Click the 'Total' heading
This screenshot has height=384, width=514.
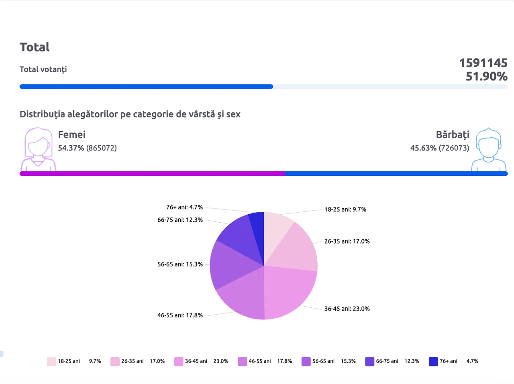pos(35,47)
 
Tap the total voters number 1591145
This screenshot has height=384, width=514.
pos(483,63)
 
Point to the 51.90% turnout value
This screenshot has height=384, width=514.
pos(486,76)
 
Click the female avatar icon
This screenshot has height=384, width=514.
pos(39,149)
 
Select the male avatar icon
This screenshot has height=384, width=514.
pos(489,149)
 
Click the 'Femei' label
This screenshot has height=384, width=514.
pos(71,134)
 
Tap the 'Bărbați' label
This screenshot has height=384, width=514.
pos(453,135)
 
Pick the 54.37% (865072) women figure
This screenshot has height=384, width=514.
pos(88,148)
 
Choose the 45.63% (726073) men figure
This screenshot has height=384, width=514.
pos(440,148)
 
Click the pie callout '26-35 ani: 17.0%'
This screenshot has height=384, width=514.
pos(347,241)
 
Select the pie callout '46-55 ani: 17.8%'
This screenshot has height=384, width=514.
pos(180,315)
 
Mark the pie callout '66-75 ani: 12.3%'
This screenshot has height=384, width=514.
pos(180,220)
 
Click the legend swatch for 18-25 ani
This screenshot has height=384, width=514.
pos(51,361)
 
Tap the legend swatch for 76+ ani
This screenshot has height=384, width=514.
pos(433,361)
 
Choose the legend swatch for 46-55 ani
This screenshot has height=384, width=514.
pos(242,361)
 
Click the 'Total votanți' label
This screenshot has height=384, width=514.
pos(43,69)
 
